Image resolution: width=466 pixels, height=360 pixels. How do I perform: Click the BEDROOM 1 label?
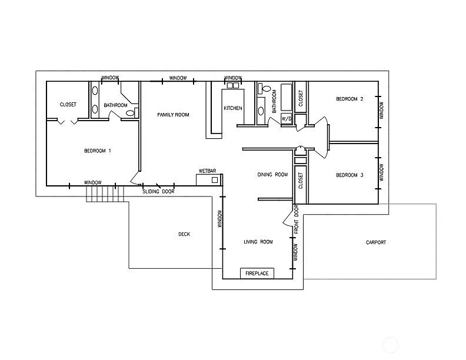[98, 151]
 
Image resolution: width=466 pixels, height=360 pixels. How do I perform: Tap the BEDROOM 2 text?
[349, 99]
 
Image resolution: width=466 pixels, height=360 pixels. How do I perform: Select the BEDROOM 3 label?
[349, 175]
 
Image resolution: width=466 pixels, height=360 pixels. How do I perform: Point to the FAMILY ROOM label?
[173, 115]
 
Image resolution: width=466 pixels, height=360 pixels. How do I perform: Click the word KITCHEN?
[232, 108]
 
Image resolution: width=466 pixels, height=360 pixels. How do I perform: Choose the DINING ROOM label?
[272, 174]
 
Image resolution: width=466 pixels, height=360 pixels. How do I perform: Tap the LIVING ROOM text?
[258, 242]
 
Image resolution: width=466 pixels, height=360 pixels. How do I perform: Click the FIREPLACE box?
[257, 274]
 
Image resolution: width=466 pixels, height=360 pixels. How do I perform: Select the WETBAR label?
[207, 171]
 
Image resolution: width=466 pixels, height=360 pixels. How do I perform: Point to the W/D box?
[287, 118]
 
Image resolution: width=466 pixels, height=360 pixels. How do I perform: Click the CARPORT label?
[376, 242]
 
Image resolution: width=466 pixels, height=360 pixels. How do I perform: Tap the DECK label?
[184, 234]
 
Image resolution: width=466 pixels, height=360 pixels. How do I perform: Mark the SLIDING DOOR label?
[159, 192]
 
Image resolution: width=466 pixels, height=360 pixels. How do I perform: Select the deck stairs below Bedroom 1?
[106, 194]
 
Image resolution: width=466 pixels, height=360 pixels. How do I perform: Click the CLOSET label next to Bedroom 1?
[68, 105]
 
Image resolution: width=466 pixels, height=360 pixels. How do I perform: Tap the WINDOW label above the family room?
[178, 78]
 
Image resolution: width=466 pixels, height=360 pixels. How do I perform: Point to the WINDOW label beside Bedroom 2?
[381, 110]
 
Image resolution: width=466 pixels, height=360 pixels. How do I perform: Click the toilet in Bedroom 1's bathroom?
[130, 112]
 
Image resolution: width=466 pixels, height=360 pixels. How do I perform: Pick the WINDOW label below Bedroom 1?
[92, 182]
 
